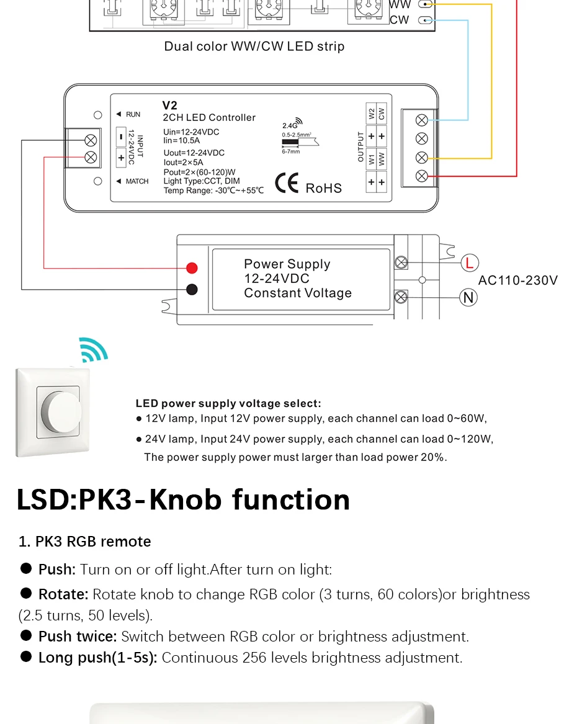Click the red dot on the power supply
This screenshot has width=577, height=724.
click(x=192, y=268)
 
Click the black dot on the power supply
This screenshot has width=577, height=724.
click(x=192, y=290)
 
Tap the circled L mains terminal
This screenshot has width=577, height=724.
click(x=470, y=263)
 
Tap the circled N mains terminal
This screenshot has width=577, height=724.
click(x=468, y=297)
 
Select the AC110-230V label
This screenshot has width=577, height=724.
click(x=518, y=280)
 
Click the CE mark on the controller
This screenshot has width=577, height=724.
click(x=287, y=183)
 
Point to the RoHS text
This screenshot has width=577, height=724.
click(x=324, y=189)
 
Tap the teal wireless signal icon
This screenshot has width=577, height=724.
click(x=93, y=349)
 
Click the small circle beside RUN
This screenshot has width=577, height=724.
click(x=98, y=115)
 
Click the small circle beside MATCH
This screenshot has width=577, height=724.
click(x=98, y=181)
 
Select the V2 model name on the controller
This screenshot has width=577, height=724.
click(x=169, y=105)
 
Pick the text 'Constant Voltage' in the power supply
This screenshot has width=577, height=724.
click(x=298, y=293)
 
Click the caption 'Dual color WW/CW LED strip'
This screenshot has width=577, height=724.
click(x=254, y=46)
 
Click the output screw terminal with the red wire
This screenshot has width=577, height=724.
click(x=421, y=176)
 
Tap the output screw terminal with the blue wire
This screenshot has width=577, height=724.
click(x=421, y=120)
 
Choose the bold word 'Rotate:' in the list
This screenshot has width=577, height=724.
click(x=63, y=594)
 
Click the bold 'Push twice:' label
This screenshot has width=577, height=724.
click(x=78, y=637)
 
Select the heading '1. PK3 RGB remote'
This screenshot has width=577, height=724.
click(x=85, y=541)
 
